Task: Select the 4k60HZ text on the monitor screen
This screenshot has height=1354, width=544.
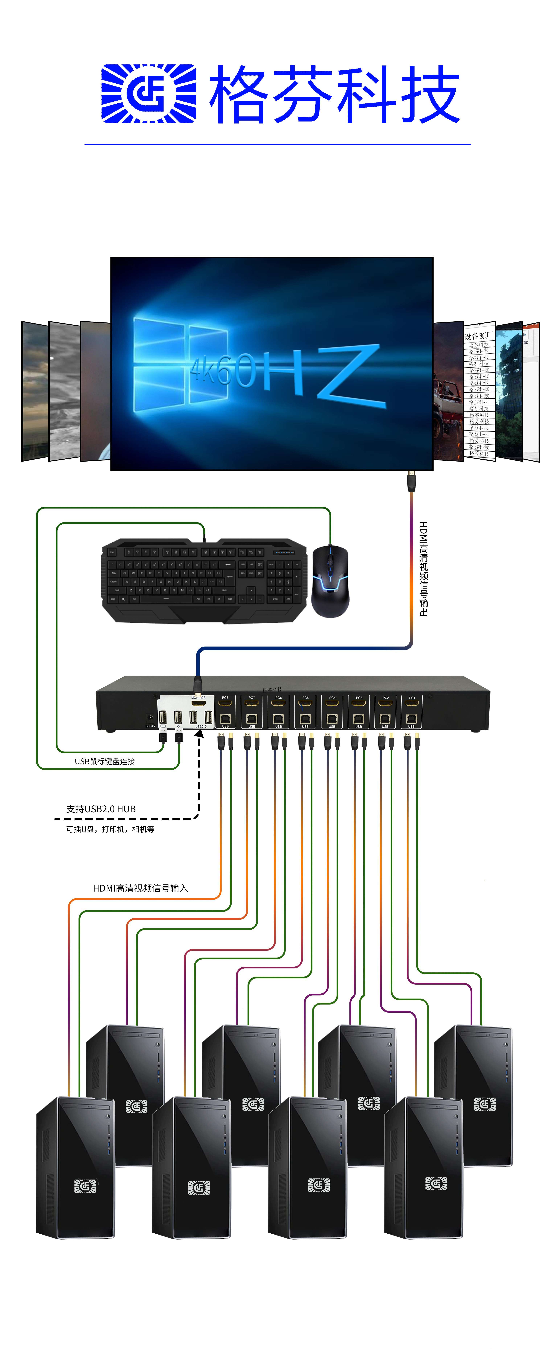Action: pyautogui.click(x=284, y=371)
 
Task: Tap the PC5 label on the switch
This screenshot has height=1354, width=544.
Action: pyautogui.click(x=305, y=697)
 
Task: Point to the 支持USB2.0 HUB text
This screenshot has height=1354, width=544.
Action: pyautogui.click(x=101, y=809)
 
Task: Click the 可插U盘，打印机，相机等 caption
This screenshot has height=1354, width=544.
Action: pyautogui.click(x=110, y=829)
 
